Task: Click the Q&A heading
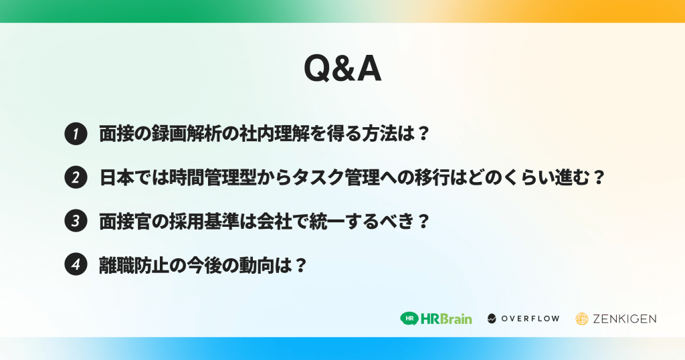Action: [x=342, y=69]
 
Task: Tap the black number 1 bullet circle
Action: [x=76, y=134]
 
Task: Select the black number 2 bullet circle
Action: [x=76, y=178]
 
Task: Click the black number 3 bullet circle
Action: [x=76, y=221]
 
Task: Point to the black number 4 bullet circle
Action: [x=76, y=264]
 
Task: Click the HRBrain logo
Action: [x=436, y=319]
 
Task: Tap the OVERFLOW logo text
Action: [x=530, y=319]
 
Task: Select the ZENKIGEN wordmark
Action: [x=624, y=319]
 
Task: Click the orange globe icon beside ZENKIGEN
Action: [x=582, y=319]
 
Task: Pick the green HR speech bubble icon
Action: [x=409, y=319]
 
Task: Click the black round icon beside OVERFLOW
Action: [x=492, y=319]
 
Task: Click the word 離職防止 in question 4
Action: [x=134, y=265]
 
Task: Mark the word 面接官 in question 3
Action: [x=125, y=221]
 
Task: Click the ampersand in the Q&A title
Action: [x=343, y=69]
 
